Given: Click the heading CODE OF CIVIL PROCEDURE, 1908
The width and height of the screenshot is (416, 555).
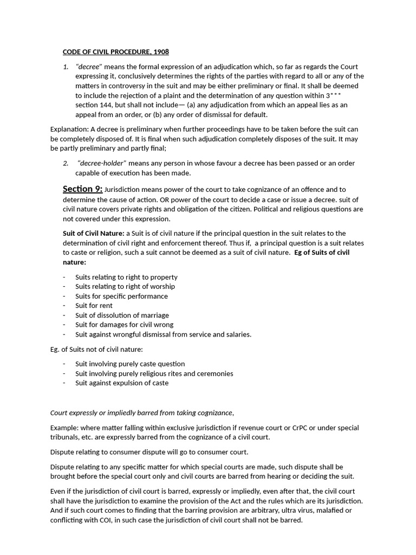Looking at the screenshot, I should pos(115,52).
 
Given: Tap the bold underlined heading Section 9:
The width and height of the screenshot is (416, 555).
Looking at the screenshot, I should pos(82,189).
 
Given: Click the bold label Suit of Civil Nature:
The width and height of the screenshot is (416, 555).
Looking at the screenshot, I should pos(93,233).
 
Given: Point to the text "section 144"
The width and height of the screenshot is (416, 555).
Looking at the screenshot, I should pos(94,105).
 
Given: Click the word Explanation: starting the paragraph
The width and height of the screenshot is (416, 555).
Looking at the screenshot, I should pos(69,130).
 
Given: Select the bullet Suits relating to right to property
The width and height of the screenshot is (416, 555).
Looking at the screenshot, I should pos(126,277).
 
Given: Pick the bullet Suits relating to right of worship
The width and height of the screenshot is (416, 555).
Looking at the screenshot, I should pos(125,286).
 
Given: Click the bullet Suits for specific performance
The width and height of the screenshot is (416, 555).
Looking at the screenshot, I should pos(121,296).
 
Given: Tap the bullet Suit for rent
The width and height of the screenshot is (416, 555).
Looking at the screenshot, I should pos(94,306).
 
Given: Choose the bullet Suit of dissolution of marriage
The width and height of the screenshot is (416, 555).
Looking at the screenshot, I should pos(122,315).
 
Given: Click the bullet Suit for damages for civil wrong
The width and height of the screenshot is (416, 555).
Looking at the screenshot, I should pos(124,325).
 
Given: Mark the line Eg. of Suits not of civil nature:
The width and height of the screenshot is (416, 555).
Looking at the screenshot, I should pos(96,350).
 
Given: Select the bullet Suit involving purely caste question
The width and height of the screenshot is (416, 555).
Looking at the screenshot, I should pos(130,364).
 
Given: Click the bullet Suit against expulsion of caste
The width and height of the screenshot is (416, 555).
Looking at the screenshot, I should pos(122,383).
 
